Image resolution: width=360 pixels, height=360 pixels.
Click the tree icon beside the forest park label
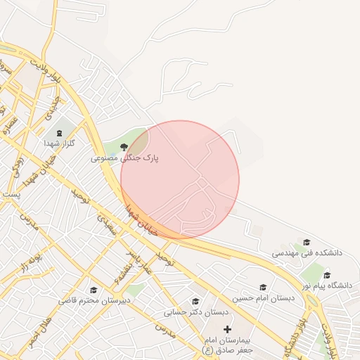tap(124, 147)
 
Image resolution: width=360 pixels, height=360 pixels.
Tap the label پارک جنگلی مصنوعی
tap(124, 159)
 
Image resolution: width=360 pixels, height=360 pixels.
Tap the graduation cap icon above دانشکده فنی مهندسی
tap(306, 241)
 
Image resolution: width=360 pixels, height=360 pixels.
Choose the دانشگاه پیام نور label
tap(327, 285)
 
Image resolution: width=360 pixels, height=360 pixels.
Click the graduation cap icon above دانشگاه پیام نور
tap(327, 275)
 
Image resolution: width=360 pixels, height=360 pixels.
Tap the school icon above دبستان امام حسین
tap(263, 287)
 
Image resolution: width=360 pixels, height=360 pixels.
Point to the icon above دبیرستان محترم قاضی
tap(94, 290)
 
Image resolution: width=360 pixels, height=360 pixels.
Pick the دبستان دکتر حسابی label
tap(196, 312)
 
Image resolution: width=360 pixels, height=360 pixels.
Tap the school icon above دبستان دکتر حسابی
tap(195, 302)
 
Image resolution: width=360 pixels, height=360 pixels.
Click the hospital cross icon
tap(227, 328)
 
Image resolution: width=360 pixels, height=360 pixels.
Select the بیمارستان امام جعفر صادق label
tap(227, 344)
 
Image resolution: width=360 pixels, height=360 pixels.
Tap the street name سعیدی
tap(105, 226)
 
